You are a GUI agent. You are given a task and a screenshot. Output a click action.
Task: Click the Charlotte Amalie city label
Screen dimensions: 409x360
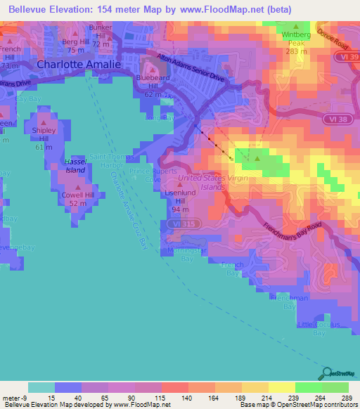[79, 64]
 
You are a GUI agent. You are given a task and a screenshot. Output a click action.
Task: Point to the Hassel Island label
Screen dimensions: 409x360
[75, 166]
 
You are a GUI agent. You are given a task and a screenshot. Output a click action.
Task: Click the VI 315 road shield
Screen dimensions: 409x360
[191, 223]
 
